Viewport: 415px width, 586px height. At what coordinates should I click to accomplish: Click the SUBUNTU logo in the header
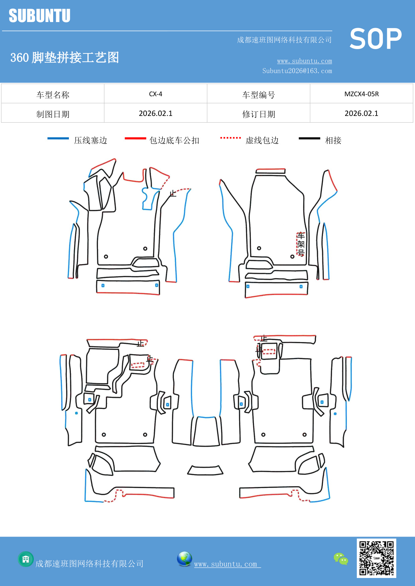(39, 16)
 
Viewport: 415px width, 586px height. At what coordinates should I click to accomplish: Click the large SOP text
(375, 39)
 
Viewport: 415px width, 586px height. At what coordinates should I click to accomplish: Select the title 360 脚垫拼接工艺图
(65, 57)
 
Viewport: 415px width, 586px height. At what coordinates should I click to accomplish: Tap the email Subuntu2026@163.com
(297, 71)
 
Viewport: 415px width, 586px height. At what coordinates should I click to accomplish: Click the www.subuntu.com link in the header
(304, 61)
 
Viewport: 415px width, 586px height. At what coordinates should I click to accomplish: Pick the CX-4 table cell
(155, 94)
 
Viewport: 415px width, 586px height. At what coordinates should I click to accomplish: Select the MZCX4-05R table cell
(361, 94)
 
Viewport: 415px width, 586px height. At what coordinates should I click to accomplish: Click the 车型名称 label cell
(53, 95)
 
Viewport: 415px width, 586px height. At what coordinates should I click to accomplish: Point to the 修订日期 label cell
(258, 114)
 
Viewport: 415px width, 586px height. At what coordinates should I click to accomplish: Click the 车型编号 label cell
(258, 95)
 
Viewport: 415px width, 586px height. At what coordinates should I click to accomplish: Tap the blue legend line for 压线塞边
(58, 138)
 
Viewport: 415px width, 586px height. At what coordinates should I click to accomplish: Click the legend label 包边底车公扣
(174, 140)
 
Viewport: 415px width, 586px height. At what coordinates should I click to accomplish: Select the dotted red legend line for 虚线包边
(230, 138)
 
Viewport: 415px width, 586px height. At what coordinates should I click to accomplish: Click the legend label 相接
(333, 140)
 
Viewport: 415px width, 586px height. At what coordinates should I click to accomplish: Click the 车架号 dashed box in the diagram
(301, 244)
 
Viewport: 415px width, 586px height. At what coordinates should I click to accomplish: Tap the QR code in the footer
(376, 558)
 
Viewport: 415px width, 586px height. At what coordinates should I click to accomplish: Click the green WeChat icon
(341, 559)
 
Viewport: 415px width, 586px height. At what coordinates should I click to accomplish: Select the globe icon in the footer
(184, 559)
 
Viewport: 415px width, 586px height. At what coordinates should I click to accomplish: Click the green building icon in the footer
(26, 559)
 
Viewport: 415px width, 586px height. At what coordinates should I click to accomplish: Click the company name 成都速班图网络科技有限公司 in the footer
(89, 564)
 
